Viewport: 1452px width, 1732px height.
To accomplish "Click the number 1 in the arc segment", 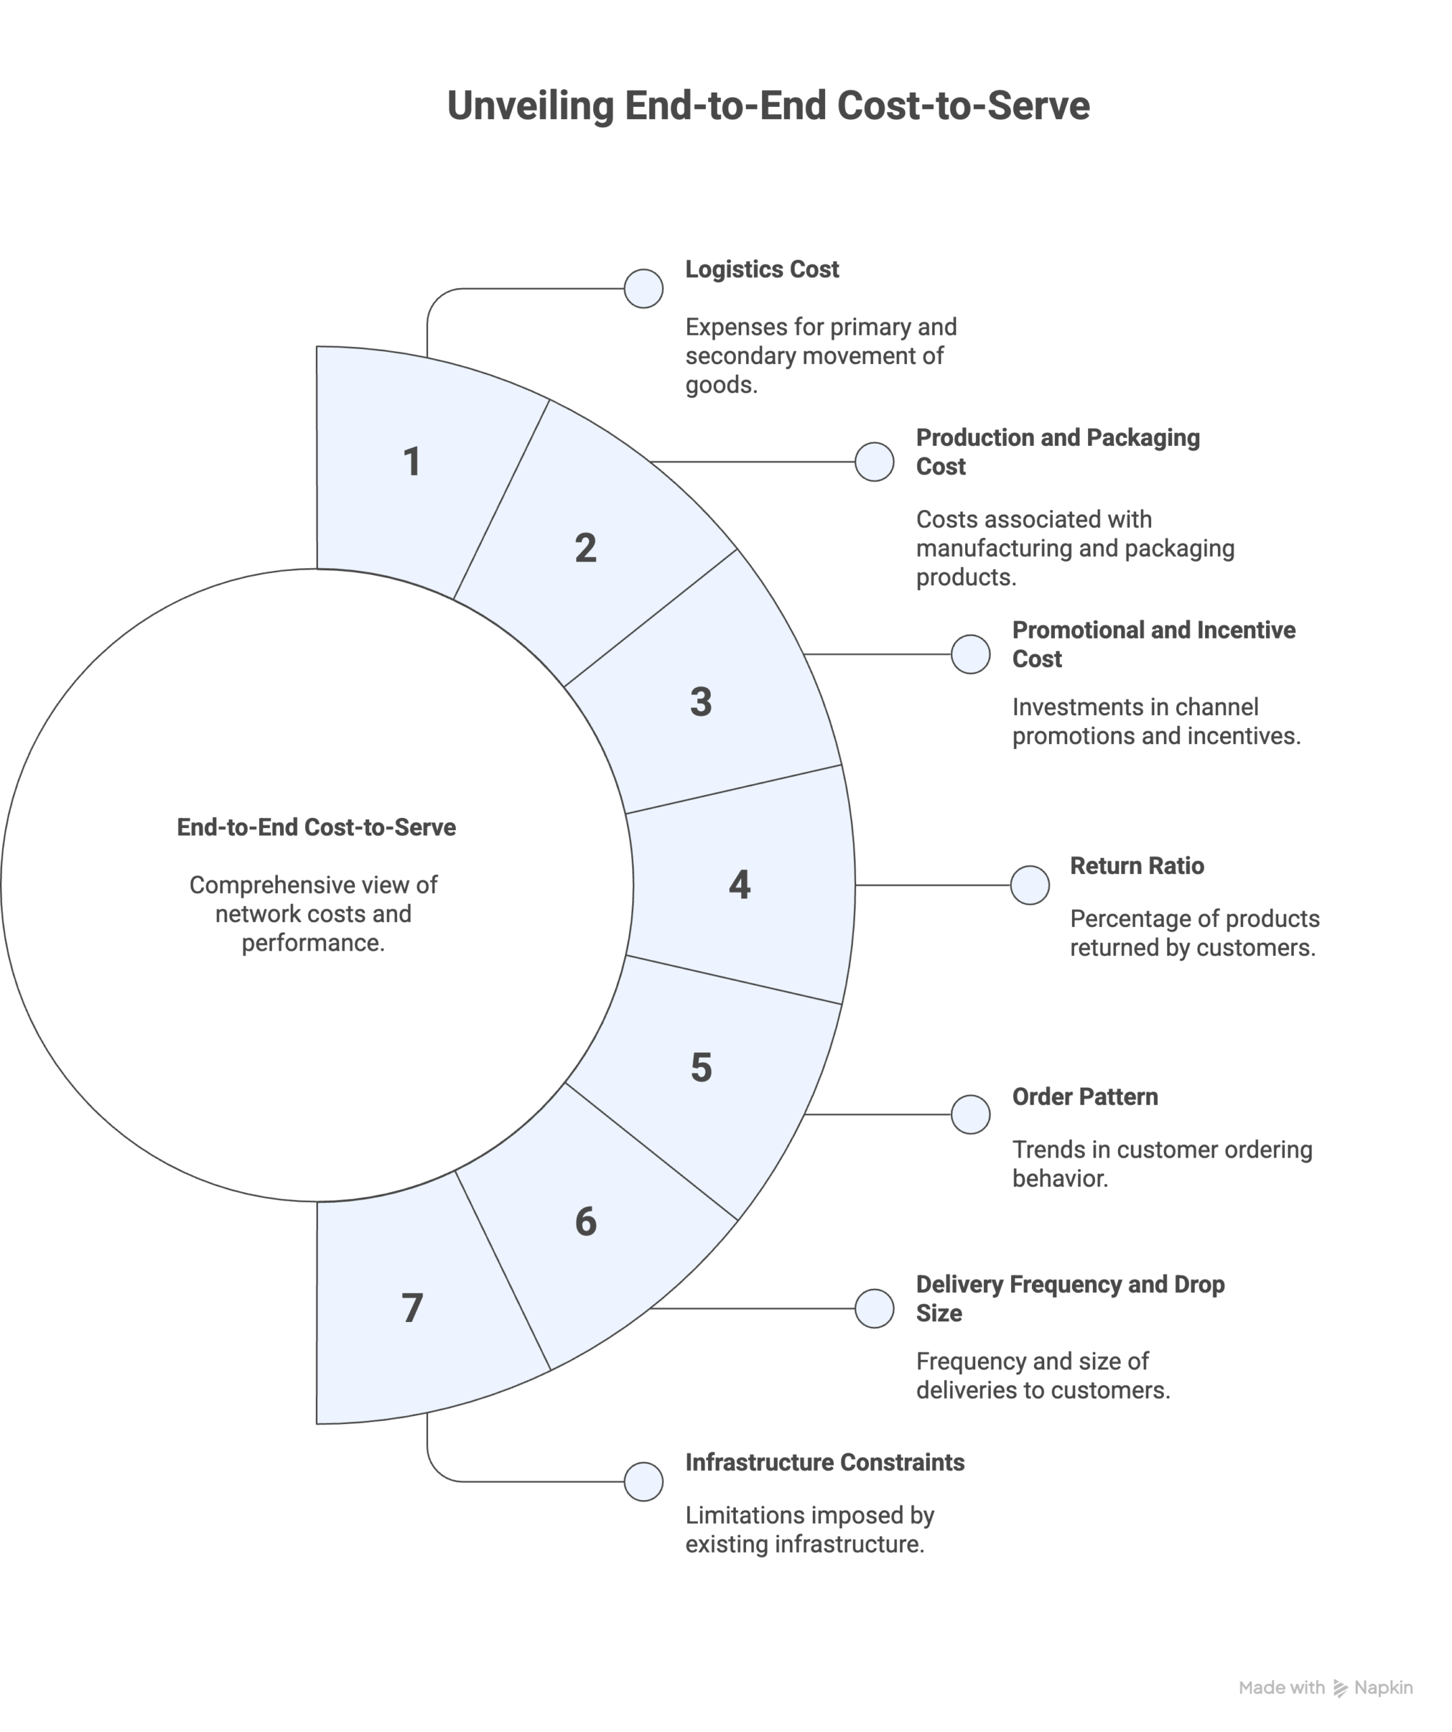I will click(411, 462).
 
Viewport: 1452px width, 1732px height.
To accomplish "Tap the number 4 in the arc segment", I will click(740, 885).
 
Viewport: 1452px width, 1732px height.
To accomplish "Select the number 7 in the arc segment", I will click(411, 1308).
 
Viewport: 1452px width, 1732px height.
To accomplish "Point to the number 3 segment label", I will click(701, 702).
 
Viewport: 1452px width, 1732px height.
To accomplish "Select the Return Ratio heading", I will click(1136, 866).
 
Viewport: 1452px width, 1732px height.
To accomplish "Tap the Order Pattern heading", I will click(1084, 1097).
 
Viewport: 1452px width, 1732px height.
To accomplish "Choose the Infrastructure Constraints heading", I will click(824, 1462).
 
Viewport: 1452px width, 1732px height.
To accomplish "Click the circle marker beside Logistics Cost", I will click(643, 289).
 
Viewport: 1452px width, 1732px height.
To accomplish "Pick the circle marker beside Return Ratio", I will click(1029, 885).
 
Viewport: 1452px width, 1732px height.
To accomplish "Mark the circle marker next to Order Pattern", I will click(970, 1114).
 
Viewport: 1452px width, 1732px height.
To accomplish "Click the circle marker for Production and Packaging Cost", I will click(874, 462).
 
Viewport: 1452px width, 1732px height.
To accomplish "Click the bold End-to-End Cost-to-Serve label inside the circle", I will click(316, 827).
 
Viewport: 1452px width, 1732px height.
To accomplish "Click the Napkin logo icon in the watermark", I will click(1340, 1688).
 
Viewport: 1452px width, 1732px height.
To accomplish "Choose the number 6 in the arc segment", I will click(586, 1221).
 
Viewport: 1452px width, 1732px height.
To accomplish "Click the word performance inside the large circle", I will click(312, 942).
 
